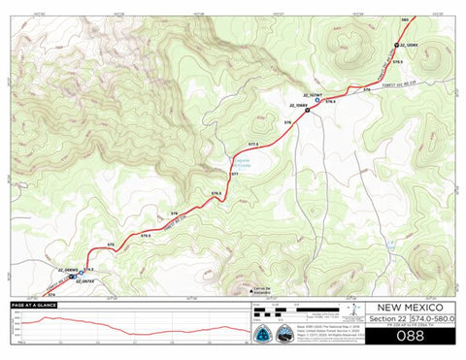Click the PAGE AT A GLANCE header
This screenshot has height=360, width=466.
click(x=34, y=306)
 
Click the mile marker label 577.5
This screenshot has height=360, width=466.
click(x=253, y=144)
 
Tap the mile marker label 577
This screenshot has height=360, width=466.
click(x=234, y=174)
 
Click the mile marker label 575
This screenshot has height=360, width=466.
click(x=111, y=244)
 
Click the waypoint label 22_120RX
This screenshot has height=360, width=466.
click(x=409, y=46)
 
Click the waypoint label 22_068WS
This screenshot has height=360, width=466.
click(x=69, y=268)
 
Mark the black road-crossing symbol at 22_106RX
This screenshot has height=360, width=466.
click(x=308, y=110)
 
